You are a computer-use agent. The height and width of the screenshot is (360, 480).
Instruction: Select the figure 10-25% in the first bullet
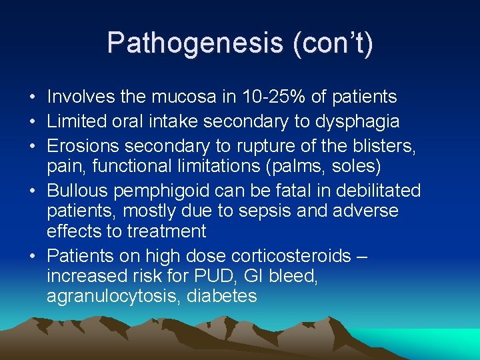[265, 97]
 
